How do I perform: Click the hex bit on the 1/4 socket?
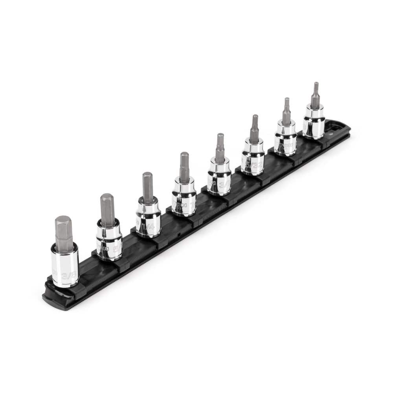coord(148,188)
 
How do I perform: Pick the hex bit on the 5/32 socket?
coord(255,128)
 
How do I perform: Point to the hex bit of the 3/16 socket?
coord(220,148)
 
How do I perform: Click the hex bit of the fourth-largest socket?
coord(184,167)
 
